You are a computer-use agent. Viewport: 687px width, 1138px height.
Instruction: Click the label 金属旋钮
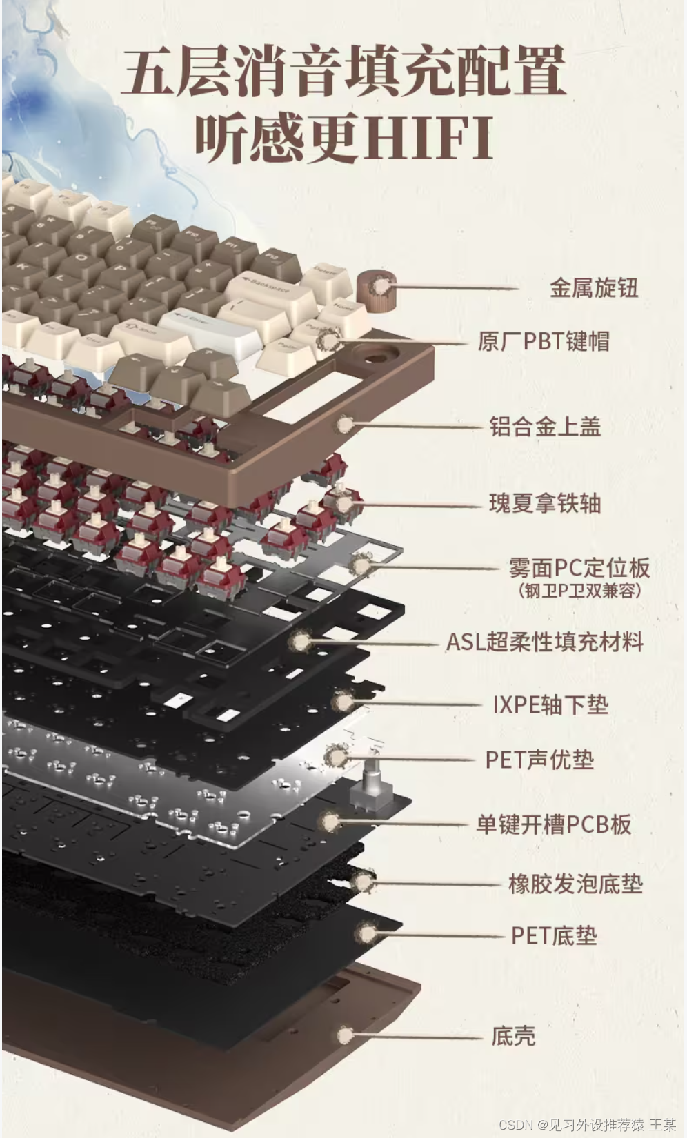click(593, 288)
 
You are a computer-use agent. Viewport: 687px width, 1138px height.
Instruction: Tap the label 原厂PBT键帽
click(544, 341)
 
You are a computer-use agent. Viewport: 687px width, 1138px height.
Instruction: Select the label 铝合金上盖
click(545, 427)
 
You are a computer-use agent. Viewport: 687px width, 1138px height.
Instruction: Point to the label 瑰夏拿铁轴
click(545, 503)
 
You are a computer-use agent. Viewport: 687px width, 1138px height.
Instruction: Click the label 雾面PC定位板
click(579, 567)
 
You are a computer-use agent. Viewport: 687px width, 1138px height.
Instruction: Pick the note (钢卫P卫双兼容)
click(579, 591)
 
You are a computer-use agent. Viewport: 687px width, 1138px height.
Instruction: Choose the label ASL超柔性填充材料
click(545, 642)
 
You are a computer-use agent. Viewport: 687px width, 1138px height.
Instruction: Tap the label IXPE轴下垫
click(550, 704)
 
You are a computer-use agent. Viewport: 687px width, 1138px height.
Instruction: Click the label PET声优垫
click(539, 760)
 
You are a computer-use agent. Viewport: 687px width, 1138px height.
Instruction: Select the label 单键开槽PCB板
click(553, 824)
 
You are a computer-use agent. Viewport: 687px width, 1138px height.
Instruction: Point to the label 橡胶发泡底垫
click(575, 884)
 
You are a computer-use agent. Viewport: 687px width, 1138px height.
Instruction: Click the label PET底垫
click(554, 936)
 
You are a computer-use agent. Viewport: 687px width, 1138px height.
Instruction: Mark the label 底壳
click(513, 1036)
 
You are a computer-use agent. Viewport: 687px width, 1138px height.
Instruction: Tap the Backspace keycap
click(265, 287)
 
